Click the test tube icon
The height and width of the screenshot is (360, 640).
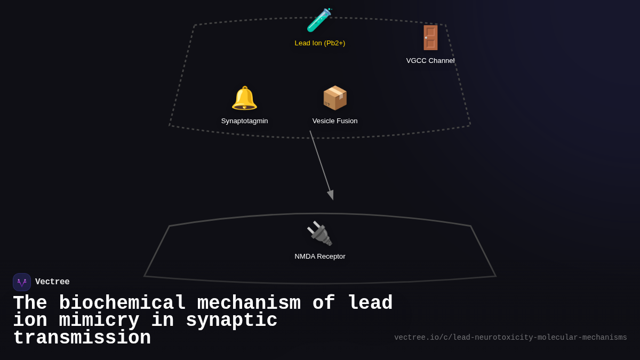coord(319,20)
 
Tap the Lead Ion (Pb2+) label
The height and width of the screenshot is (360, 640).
coord(320,43)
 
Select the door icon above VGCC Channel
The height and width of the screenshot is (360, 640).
coord(430,38)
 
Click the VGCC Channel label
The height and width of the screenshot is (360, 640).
coord(430,61)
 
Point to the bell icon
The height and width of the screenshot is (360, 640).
coord(244,98)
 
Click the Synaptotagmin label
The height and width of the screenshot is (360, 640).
coord(245,121)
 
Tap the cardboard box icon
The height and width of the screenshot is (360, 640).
coord(335,98)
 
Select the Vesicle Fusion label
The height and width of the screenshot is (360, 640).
coord(335,121)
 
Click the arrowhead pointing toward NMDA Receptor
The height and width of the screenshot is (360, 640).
coord(331,195)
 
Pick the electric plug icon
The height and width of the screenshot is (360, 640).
coord(319,234)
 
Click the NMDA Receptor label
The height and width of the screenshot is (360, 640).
coord(320,257)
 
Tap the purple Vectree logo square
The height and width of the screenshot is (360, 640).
coord(22,282)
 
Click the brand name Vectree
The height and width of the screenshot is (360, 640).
coord(52,282)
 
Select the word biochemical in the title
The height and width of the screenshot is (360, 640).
coord(122,303)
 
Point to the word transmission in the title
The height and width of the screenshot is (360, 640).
coord(82,338)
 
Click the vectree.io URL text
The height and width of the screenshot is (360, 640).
coord(510,338)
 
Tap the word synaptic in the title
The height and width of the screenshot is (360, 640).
coord(231,321)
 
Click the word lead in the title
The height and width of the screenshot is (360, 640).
coord(370,303)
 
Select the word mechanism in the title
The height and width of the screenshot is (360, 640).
coord(249,303)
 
